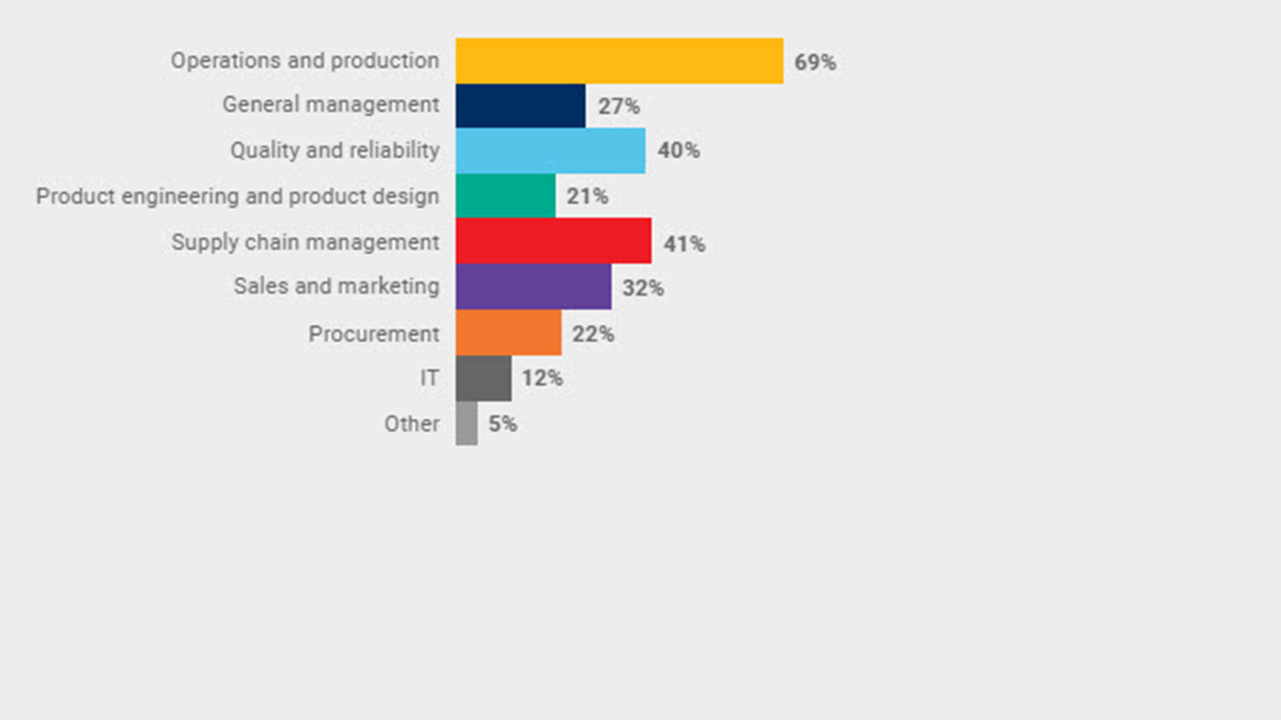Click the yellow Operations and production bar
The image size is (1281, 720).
pos(619,61)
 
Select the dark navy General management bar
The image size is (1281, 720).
pos(520,106)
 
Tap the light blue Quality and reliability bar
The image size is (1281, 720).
pos(550,150)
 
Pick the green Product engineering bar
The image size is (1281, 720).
pos(505,196)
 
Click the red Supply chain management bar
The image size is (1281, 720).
pos(553,241)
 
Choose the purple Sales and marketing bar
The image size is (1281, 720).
pos(534,287)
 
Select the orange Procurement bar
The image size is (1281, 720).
pos(509,333)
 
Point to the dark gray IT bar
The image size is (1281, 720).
pos(484,378)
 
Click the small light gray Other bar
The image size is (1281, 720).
pos(466,423)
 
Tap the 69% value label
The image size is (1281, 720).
pos(815,62)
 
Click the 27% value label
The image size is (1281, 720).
pos(619,106)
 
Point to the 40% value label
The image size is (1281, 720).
pos(678,150)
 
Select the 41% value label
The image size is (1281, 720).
pos(684,244)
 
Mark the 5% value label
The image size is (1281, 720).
pos(502,424)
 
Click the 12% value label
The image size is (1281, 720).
pos(542,378)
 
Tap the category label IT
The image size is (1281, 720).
pos(429,378)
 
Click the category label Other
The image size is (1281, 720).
pos(412,424)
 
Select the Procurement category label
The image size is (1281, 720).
pos(374,333)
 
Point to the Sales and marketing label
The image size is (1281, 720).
pos(336,286)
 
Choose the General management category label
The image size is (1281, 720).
pos(330,104)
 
